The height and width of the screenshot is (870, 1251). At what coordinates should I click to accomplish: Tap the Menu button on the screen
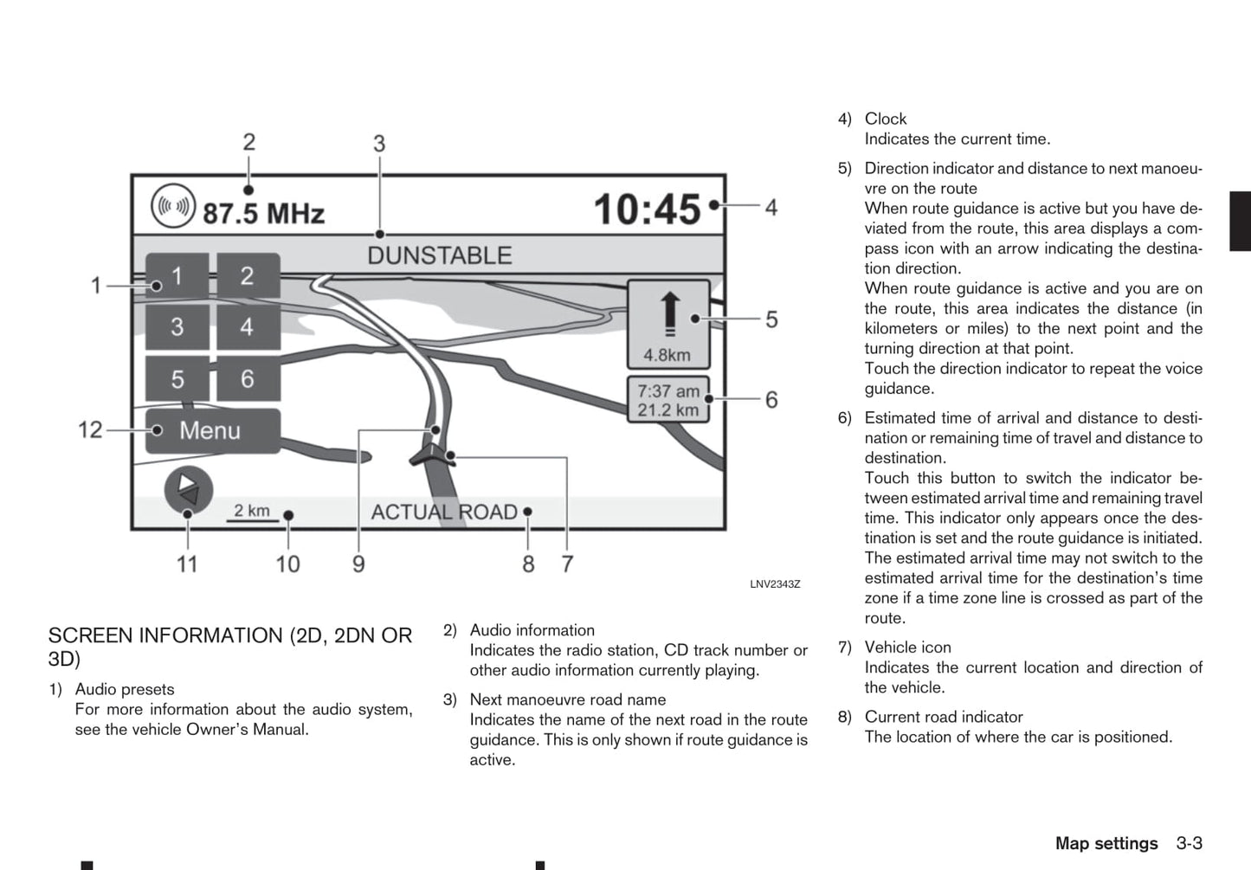(x=212, y=430)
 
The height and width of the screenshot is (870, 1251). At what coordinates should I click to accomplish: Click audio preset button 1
(x=177, y=276)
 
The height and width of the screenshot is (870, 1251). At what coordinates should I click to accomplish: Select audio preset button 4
(x=248, y=327)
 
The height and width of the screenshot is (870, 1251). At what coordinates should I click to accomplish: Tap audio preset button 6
(x=248, y=378)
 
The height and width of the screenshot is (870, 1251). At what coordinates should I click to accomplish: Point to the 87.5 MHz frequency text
(x=263, y=213)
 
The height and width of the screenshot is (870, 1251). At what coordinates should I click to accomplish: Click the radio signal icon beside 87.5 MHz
(x=172, y=207)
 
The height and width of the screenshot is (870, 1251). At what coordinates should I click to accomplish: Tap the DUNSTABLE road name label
(x=439, y=255)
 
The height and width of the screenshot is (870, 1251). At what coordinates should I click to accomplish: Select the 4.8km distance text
(x=667, y=355)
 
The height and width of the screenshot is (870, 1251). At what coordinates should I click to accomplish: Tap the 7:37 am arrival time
(x=668, y=391)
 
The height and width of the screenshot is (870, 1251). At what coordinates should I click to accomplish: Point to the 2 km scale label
(x=252, y=511)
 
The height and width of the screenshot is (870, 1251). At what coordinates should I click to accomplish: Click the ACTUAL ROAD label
(x=444, y=512)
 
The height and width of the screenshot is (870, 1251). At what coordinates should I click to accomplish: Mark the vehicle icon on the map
(x=430, y=454)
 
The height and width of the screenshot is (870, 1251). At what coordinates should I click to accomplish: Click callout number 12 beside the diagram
(x=90, y=429)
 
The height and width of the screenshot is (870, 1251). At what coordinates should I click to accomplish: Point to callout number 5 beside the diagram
(x=771, y=319)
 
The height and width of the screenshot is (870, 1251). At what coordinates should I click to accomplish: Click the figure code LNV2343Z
(x=775, y=584)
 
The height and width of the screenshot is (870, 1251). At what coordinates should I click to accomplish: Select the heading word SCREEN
(x=91, y=635)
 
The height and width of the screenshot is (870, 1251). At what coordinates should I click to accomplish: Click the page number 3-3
(x=1189, y=843)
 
